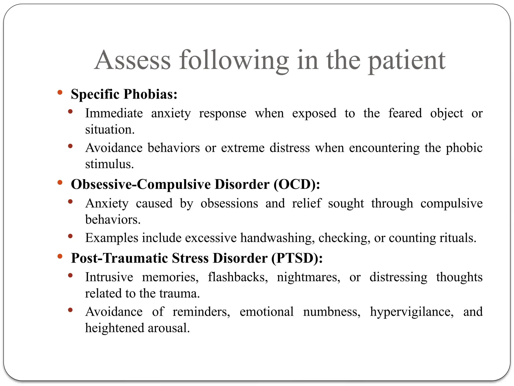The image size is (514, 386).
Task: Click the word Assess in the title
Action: point(133,60)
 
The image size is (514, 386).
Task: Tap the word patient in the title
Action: point(407,61)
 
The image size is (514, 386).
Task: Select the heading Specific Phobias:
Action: point(124,94)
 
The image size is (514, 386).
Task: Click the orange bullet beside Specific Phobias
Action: point(60,92)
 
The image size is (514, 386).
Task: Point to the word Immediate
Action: point(114,113)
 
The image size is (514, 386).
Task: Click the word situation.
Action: point(110,130)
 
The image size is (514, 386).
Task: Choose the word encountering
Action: point(384,148)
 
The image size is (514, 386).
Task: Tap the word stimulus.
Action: point(109,164)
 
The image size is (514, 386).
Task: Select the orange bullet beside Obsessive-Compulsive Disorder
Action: point(60,183)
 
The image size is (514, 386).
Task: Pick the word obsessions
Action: point(229,203)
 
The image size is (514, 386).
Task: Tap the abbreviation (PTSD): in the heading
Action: point(297,258)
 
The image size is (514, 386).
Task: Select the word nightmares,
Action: point(308,277)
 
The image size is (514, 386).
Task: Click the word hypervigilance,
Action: point(412,312)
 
